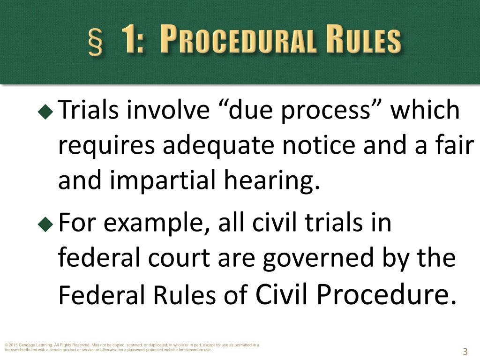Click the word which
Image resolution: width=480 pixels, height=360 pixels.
click(x=425, y=111)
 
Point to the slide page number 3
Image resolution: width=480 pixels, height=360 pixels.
click(x=465, y=352)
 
